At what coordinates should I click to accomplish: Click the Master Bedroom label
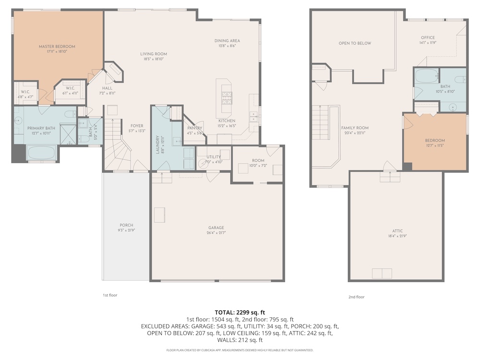point(57,47)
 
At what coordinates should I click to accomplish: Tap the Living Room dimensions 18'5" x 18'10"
point(154,59)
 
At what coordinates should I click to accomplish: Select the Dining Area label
point(227,41)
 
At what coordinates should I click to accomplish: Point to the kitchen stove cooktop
point(227,98)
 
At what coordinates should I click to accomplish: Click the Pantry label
point(195,128)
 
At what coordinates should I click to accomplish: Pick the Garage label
point(216,228)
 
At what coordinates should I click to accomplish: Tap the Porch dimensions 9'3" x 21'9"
point(126,230)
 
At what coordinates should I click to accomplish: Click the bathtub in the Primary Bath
point(41,153)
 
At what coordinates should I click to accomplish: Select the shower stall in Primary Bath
point(68,134)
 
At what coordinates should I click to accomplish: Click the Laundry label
point(158,144)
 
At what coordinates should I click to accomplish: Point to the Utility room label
point(214,157)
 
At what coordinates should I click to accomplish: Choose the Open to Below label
point(355,43)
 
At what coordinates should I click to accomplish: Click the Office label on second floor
point(428,37)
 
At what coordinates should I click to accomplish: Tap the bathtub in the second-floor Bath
point(427,76)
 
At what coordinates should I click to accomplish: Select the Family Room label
point(355,128)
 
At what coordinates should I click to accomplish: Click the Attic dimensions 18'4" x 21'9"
point(397,236)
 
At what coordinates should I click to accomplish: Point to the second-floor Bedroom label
point(435,141)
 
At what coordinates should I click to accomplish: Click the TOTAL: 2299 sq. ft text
point(240,312)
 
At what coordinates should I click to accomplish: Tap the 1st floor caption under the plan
point(110,295)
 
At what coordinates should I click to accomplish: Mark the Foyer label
point(137,126)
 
